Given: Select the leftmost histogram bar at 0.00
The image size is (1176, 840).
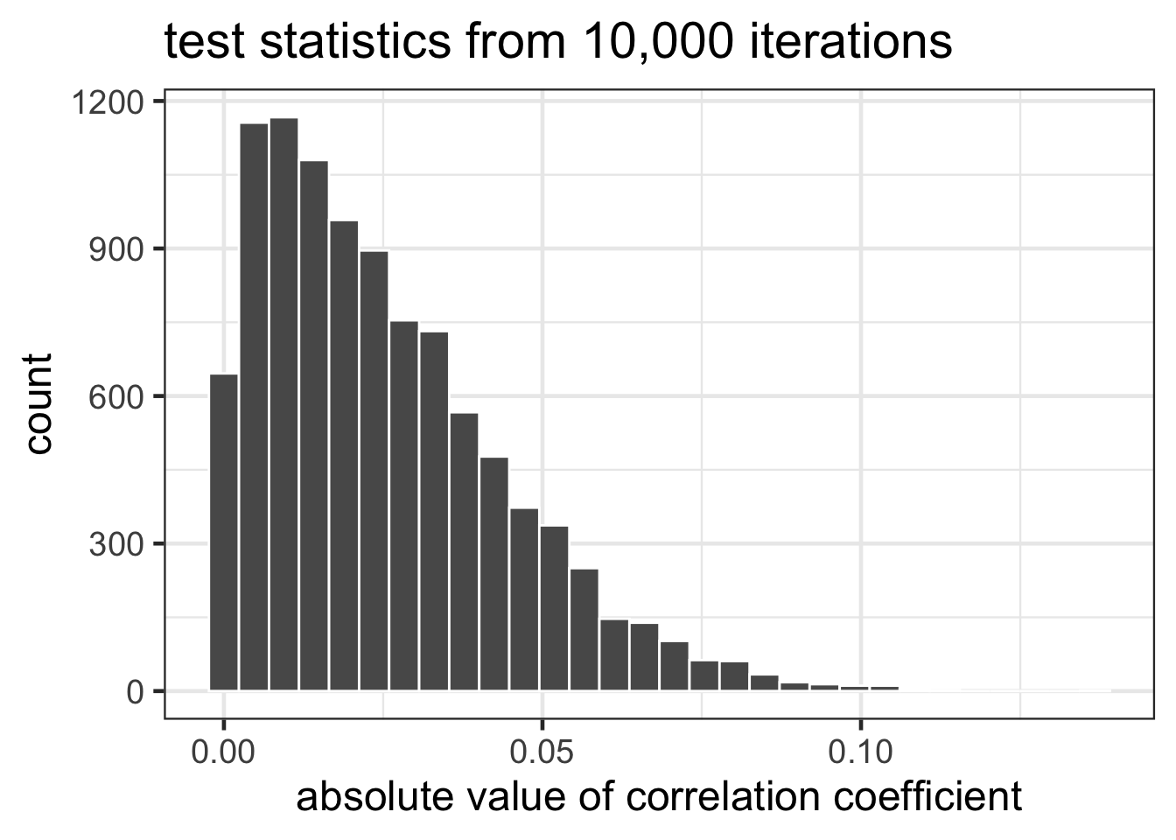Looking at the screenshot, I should coord(224,533).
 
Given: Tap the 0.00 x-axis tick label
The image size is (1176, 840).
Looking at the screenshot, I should coord(224,752).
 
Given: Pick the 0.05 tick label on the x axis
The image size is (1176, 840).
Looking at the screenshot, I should coord(542,752).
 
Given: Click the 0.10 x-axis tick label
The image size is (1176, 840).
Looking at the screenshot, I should coord(861,752).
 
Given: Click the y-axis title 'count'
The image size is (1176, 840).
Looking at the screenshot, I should coord(38,404).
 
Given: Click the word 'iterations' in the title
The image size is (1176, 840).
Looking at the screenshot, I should coord(850,42).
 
